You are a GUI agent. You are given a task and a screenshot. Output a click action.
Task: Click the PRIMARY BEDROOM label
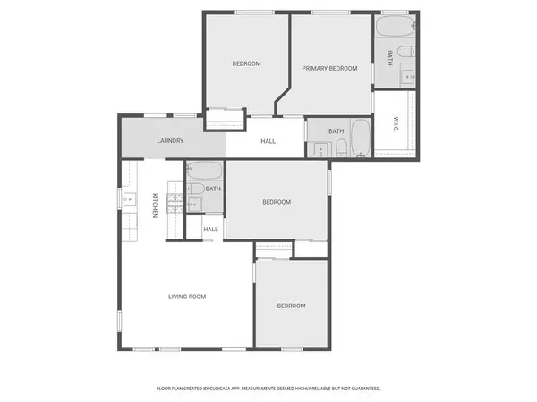[x=329, y=69]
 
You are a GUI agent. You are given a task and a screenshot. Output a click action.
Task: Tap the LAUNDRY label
[x=170, y=141]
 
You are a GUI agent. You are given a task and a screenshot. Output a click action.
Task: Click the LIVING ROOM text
[x=188, y=297]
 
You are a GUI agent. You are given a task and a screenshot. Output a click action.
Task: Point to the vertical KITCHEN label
[x=154, y=206]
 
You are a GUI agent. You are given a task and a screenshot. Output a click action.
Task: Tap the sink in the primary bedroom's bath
[x=409, y=77]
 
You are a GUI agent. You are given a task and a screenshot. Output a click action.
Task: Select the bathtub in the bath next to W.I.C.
[x=360, y=139]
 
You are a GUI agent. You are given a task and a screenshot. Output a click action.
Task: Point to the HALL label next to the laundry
[x=268, y=141]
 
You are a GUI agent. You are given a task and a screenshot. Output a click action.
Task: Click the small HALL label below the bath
[x=210, y=230]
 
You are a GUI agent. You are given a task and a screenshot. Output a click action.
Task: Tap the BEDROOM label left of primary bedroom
[x=246, y=63]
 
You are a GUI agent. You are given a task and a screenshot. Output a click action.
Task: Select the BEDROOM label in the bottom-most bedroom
[x=291, y=306]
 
